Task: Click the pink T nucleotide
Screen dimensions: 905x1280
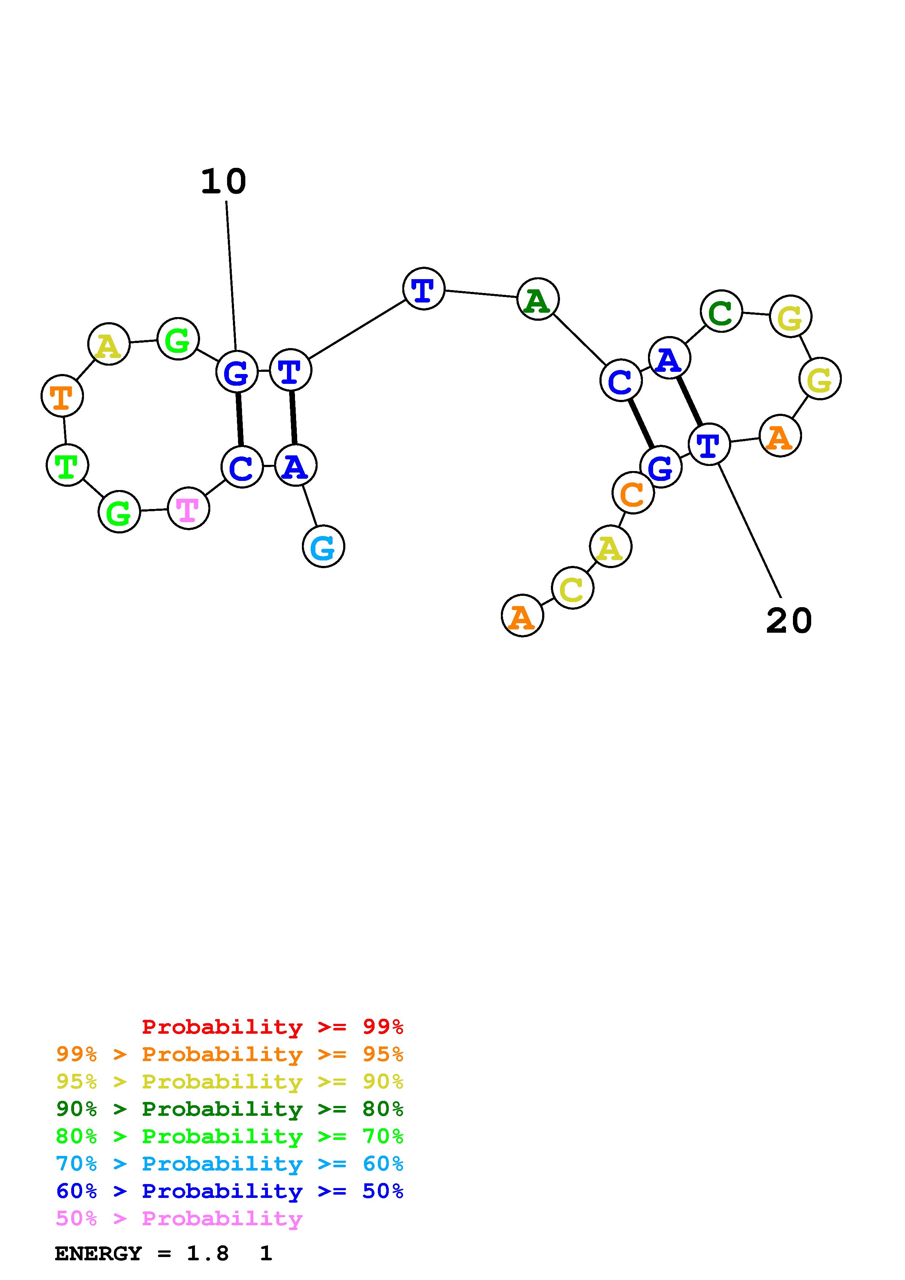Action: [188, 508]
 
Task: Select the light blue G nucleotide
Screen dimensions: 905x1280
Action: [323, 546]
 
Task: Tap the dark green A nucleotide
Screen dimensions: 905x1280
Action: [537, 299]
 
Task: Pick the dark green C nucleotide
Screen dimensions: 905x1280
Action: [721, 311]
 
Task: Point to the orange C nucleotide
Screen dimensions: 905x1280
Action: [633, 493]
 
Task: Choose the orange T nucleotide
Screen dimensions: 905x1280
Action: [62, 396]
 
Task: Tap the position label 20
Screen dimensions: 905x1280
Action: [789, 621]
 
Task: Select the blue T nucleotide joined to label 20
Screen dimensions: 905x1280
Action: [709, 444]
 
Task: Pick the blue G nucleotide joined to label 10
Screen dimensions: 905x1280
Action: [237, 372]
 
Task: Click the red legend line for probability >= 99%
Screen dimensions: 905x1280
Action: [272, 1026]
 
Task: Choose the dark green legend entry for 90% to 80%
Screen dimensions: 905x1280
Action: [230, 1109]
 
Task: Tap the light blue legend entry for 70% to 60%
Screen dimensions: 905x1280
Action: [230, 1164]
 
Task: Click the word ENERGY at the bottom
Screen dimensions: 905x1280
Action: [98, 1253]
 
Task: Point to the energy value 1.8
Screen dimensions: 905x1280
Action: [207, 1253]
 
